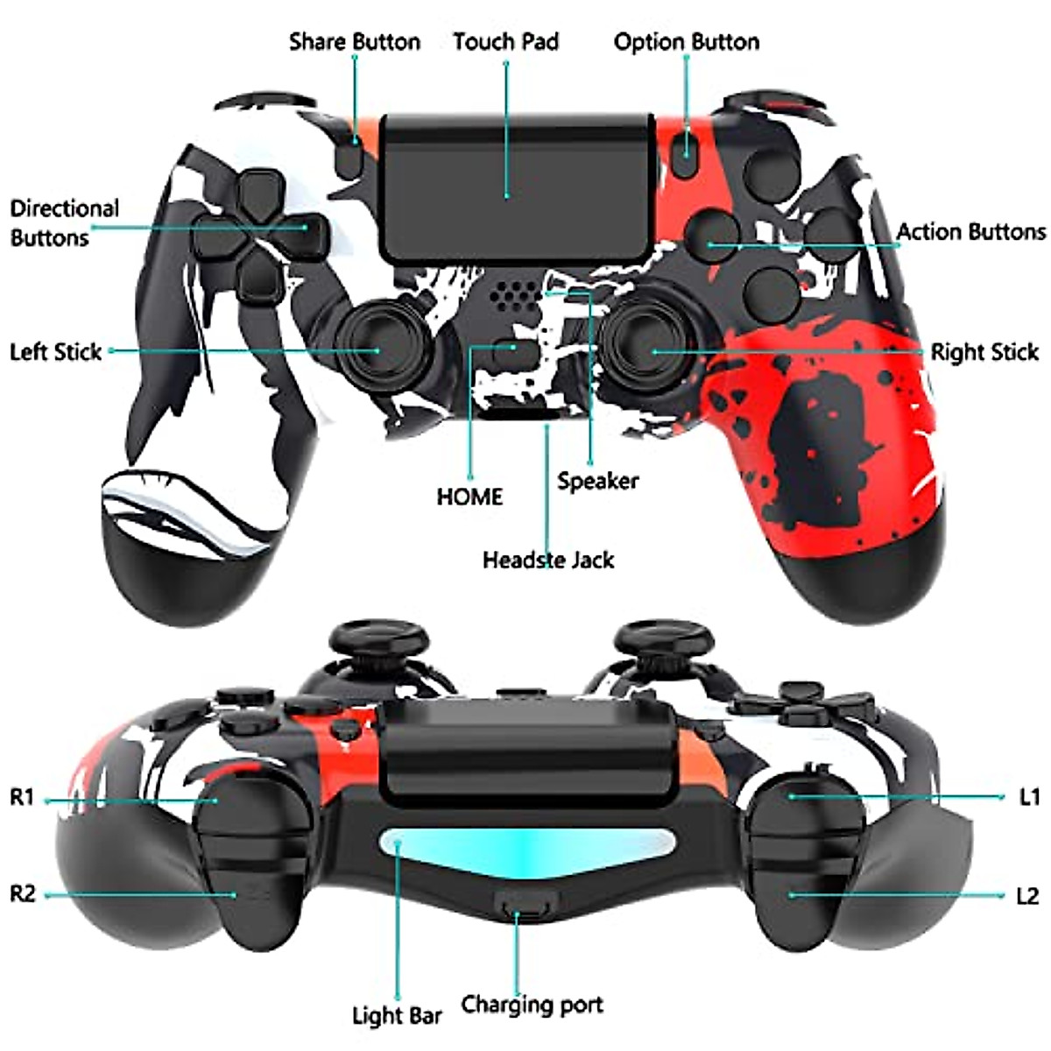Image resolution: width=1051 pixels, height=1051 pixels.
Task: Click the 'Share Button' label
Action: tap(354, 41)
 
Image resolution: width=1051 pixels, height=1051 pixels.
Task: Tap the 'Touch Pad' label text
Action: tap(505, 41)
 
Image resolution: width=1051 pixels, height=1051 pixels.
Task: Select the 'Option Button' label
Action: tap(686, 41)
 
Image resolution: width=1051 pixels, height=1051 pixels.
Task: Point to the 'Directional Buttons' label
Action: tap(64, 222)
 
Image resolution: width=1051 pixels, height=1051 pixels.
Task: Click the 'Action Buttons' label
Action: tap(970, 232)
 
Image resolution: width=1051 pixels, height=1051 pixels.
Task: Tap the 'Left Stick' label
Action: tap(56, 352)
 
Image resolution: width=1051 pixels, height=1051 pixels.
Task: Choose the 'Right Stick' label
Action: tap(984, 352)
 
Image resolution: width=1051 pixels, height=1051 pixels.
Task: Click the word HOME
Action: tap(469, 497)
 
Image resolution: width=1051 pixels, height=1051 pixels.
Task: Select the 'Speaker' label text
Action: tap(597, 481)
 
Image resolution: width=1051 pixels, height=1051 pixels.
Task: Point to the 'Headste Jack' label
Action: tap(548, 560)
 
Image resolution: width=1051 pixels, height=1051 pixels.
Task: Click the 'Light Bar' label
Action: tap(397, 1017)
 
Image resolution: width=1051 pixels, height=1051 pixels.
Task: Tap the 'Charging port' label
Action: tap(532, 1005)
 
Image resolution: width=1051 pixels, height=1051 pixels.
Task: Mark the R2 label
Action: tap(23, 894)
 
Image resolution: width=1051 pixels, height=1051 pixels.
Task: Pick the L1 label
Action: tap(1029, 797)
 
